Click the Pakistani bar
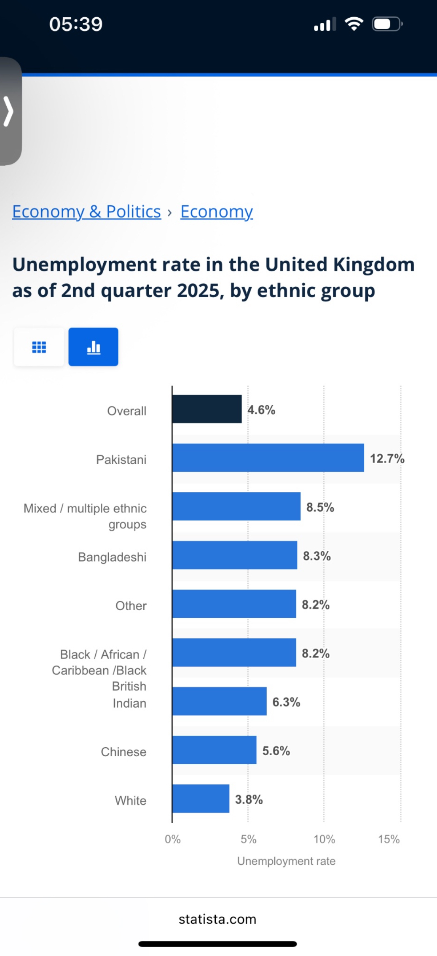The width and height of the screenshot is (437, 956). pyautogui.click(x=268, y=458)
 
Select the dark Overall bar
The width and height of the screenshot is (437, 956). pyautogui.click(x=207, y=409)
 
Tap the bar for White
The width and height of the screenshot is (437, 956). pyautogui.click(x=201, y=798)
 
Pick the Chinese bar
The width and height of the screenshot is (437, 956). pyautogui.click(x=214, y=750)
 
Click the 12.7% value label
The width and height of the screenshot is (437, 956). pyautogui.click(x=387, y=458)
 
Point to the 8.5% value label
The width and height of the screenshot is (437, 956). pyautogui.click(x=320, y=507)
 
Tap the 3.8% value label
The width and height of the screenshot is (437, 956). pyautogui.click(x=249, y=799)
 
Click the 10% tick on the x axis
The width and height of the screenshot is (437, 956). pyautogui.click(x=324, y=839)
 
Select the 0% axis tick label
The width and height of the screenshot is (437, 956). pyautogui.click(x=172, y=839)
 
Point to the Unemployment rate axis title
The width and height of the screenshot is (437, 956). pyautogui.click(x=286, y=861)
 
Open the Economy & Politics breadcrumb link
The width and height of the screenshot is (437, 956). pyautogui.click(x=86, y=212)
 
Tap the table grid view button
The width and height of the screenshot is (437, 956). pyautogui.click(x=39, y=347)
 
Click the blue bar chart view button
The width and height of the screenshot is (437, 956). pyautogui.click(x=93, y=347)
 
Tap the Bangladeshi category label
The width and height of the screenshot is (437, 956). pyautogui.click(x=112, y=557)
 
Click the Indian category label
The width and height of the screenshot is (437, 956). pyautogui.click(x=129, y=703)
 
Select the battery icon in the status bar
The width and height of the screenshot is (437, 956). pyautogui.click(x=387, y=24)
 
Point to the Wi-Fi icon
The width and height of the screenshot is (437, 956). pyautogui.click(x=354, y=24)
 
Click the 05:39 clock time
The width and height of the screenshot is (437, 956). pyautogui.click(x=76, y=24)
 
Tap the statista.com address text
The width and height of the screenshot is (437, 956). pyautogui.click(x=217, y=919)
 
